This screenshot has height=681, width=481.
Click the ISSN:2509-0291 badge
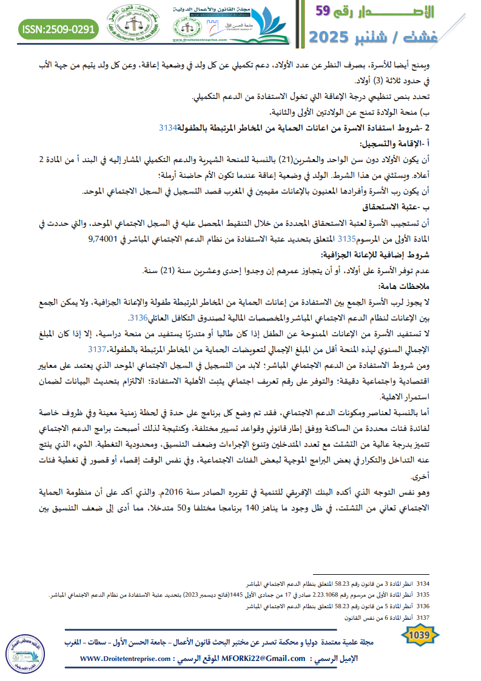click(x=59, y=29)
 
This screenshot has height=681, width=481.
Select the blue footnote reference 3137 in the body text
click(x=97, y=349)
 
